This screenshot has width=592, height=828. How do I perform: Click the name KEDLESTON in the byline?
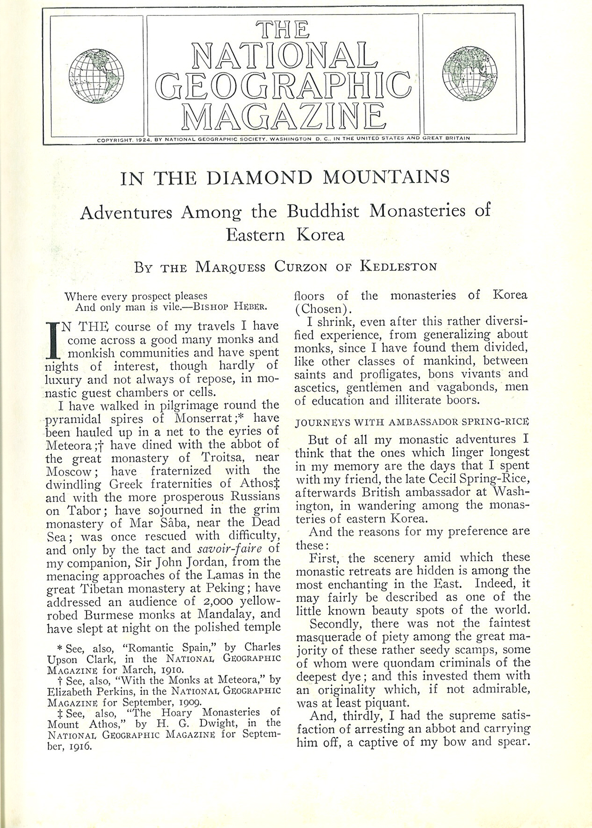tap(399, 267)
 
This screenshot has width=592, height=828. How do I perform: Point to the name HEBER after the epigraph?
tap(250, 307)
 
